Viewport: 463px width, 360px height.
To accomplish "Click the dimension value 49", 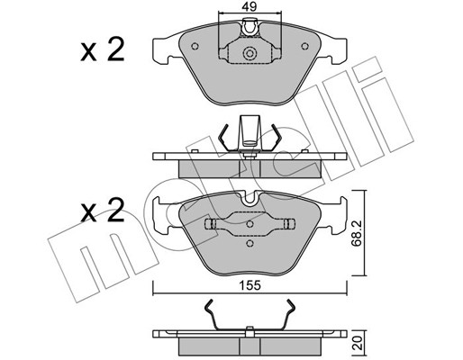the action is point(250,6).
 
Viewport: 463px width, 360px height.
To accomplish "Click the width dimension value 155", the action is point(250,285).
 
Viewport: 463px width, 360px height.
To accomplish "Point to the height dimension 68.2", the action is point(357,233).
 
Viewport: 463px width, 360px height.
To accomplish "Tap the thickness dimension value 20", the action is point(357,343).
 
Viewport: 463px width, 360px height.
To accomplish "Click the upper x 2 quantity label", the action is point(103,50).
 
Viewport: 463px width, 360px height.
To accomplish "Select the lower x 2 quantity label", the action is point(103,211).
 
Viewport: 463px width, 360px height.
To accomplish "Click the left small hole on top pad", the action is point(195,46).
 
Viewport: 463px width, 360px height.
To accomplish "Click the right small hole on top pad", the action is point(305,46).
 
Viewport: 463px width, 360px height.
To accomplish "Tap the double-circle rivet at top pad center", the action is point(250,54).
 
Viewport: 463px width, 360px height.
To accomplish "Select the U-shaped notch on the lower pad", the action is point(250,200).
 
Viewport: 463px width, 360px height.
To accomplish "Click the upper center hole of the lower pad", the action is point(250,224).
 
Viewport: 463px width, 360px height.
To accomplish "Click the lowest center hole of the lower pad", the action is point(250,243).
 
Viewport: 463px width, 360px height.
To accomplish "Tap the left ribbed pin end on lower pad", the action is point(211,224).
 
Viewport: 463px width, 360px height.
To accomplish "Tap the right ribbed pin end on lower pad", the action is point(289,224).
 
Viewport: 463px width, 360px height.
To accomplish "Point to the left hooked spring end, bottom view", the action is point(210,309).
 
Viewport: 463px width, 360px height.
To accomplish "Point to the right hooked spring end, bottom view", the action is point(290,309).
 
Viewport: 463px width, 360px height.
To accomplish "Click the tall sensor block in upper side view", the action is point(250,132).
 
